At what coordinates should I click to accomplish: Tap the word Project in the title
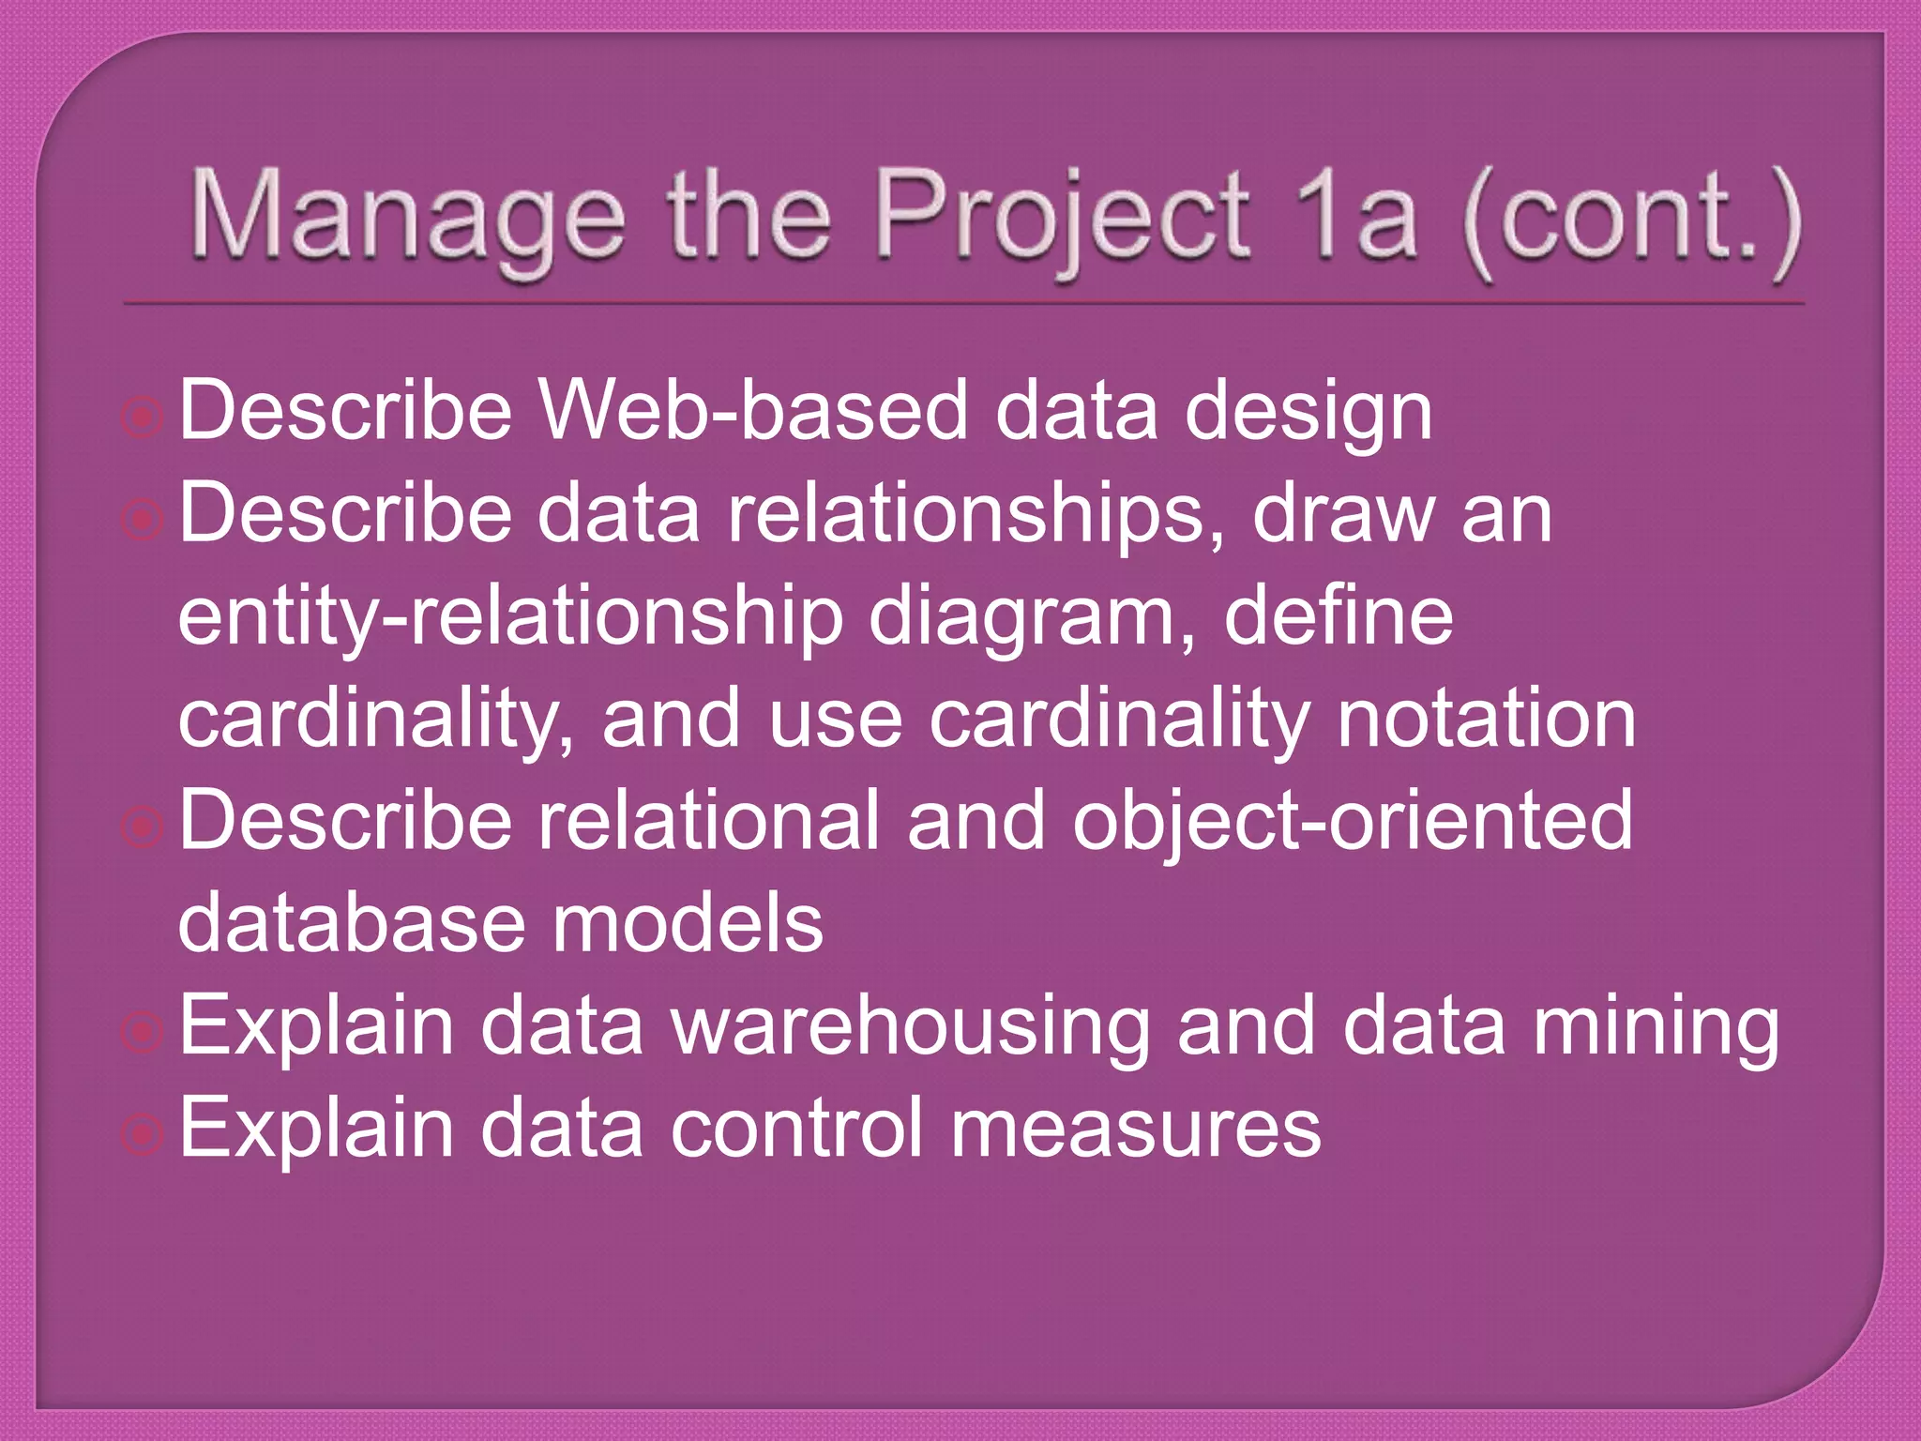(x=1061, y=221)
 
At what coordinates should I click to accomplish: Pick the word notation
(x=1486, y=720)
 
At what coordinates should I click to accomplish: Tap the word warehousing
(x=910, y=1028)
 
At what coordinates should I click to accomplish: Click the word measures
(x=1135, y=1129)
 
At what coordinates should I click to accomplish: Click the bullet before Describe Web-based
(x=143, y=417)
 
